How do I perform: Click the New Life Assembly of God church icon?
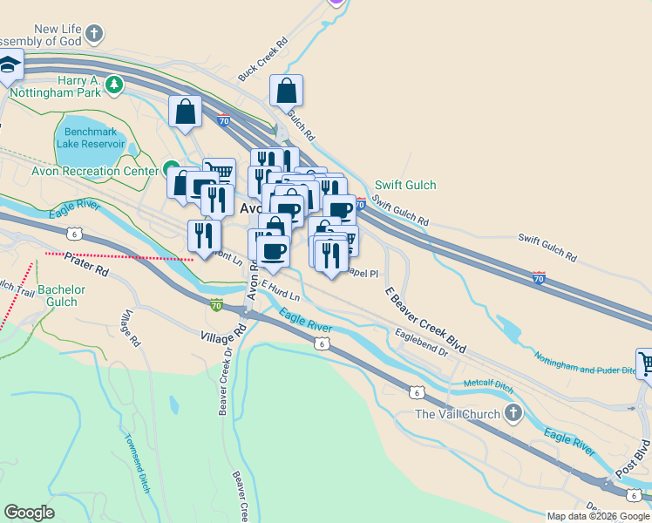(94, 34)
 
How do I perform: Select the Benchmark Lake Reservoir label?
(92, 138)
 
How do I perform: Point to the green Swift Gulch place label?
(405, 186)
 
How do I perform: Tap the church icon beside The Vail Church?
(514, 413)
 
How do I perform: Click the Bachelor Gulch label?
(62, 295)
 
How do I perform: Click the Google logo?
(30, 513)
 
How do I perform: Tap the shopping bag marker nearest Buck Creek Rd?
(286, 91)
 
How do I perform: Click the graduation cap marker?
(9, 65)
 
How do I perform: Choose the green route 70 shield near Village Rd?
(215, 305)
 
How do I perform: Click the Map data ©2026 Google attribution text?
(598, 516)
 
